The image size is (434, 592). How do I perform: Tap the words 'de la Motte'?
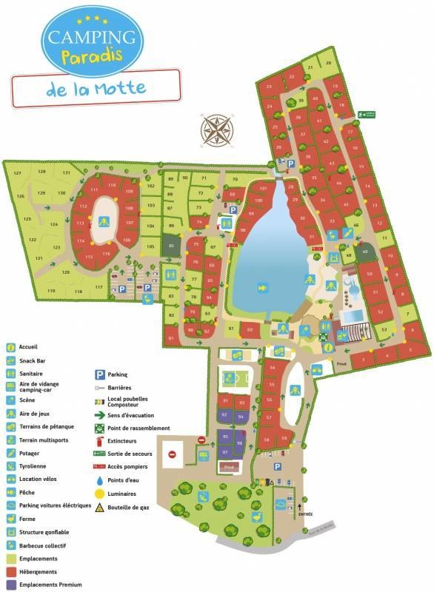click(94, 89)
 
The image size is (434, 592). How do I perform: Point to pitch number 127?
click(19, 172)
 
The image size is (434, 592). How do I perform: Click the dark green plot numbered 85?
click(172, 245)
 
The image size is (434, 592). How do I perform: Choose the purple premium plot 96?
click(240, 443)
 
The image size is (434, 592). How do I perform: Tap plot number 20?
click(328, 63)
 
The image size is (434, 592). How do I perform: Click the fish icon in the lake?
click(261, 286)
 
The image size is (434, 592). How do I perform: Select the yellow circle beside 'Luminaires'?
click(99, 493)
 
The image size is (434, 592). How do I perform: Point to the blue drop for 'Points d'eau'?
click(99, 480)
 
